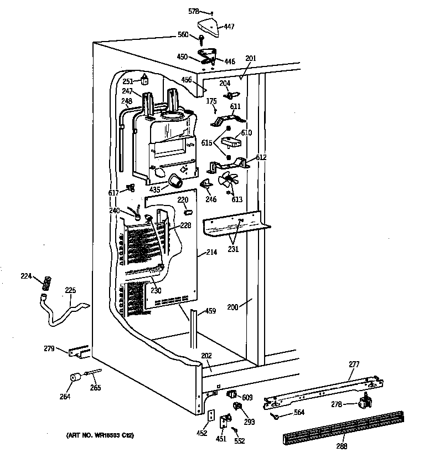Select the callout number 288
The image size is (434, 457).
[x=342, y=445]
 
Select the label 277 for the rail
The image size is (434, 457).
[x=354, y=364]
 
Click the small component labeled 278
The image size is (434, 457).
[x=364, y=402]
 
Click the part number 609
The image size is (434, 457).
[x=247, y=397]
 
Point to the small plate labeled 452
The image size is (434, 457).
[x=211, y=416]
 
